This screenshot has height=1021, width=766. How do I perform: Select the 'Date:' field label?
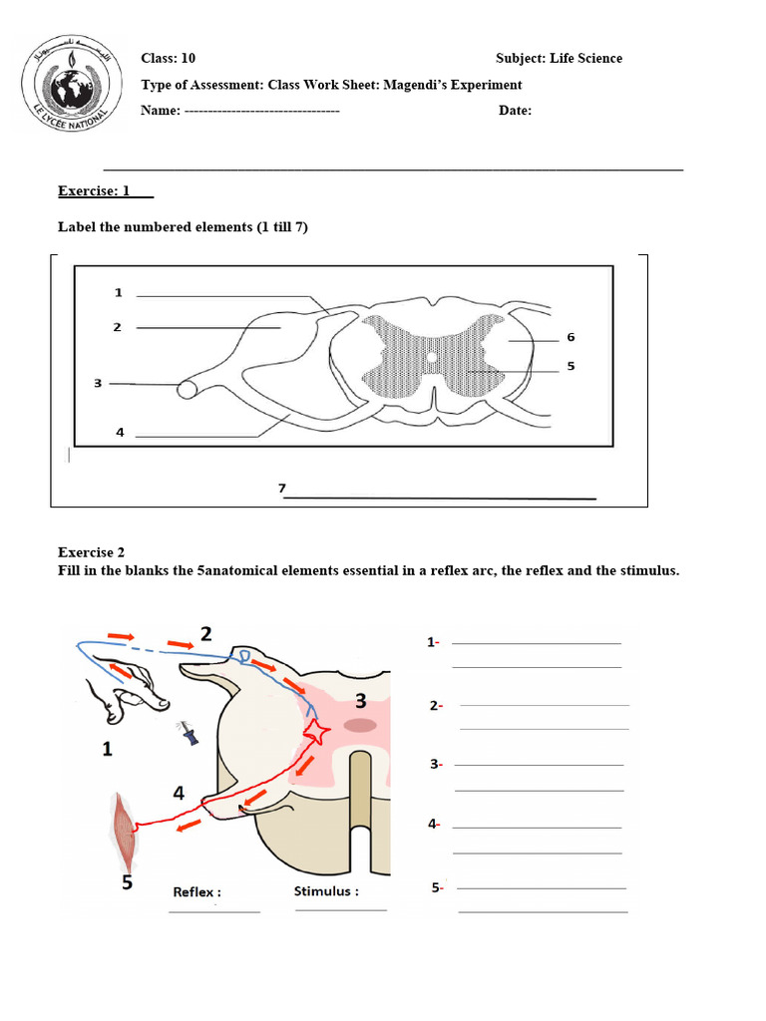point(515,111)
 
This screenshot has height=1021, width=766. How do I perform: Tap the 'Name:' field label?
point(161,111)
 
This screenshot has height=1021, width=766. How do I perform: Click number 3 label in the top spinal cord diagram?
point(98,383)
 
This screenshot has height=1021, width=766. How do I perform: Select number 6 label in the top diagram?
point(571,337)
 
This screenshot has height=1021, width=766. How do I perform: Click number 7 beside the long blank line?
point(282,489)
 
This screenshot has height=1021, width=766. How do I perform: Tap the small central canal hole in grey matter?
point(431,356)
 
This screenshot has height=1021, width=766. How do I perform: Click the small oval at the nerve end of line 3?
point(188,389)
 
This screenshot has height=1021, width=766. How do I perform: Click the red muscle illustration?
point(126,829)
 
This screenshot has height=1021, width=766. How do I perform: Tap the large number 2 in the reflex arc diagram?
point(206,633)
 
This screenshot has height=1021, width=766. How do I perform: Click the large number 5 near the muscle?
point(127,882)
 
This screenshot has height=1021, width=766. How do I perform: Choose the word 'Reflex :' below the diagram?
point(197,892)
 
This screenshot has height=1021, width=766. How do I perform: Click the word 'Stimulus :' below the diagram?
point(326,891)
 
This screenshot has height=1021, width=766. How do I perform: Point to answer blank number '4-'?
point(435,825)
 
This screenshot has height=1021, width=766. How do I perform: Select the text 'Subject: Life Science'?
point(559,59)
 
